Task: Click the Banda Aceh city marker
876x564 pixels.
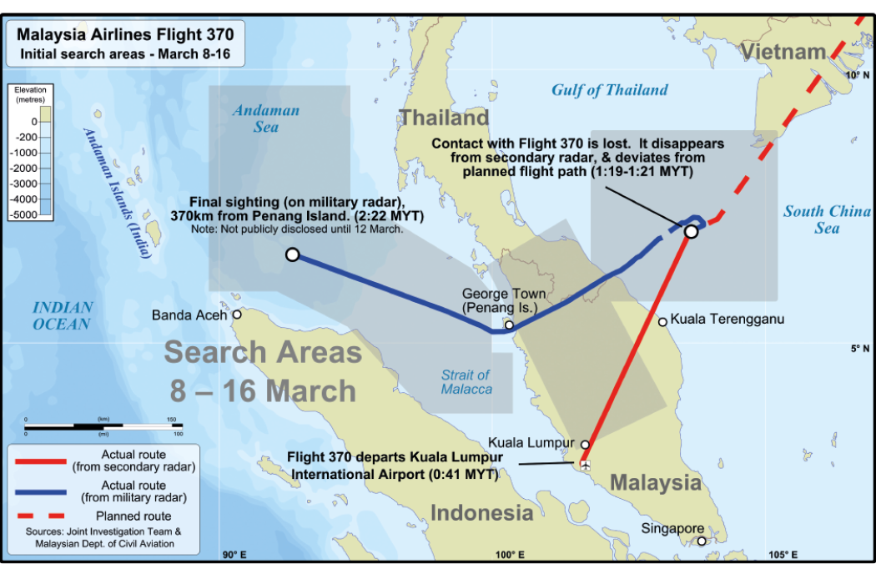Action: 237,315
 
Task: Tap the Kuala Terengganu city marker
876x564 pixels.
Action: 662,321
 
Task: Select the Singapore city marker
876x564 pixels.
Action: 702,541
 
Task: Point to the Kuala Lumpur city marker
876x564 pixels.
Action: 585,445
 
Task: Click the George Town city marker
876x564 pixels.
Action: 508,325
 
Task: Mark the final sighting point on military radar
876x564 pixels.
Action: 292,254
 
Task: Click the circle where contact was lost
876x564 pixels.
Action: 691,231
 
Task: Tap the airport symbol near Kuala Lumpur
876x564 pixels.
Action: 586,465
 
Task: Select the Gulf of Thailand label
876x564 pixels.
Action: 609,90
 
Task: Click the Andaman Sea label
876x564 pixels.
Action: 266,118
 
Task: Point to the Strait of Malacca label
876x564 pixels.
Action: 466,382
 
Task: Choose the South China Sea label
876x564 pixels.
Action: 827,219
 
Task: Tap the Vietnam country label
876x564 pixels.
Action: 784,52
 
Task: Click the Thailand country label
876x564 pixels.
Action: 443,118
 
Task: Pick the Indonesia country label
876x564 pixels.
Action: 481,511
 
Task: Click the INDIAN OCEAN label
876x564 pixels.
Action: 63,315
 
